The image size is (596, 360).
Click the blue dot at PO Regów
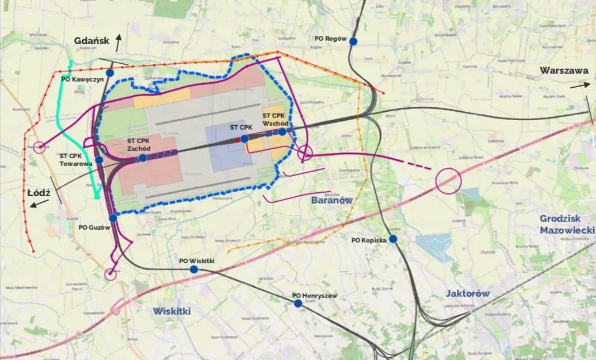tap(353, 41)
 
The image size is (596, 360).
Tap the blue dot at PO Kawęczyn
tap(110, 73)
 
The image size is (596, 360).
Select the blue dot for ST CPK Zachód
tap(143, 158)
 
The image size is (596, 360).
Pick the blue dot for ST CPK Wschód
tap(282, 131)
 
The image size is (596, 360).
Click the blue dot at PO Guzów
tap(113, 218)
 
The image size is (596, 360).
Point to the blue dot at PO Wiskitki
tap(193, 269)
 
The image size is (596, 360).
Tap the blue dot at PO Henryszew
tap(298, 303)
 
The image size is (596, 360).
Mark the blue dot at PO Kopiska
tap(393, 239)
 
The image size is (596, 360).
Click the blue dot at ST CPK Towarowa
tap(99, 160)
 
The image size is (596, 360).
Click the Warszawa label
tap(564, 71)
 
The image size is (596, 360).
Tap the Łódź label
tap(39, 193)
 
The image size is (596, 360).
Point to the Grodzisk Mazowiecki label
tap(565, 224)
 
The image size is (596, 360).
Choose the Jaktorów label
tap(468, 293)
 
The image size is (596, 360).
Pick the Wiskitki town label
tap(172, 311)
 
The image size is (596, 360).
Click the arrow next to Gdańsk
tap(119, 42)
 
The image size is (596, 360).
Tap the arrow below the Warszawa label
tap(580, 85)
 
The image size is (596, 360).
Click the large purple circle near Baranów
tap(448, 181)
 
